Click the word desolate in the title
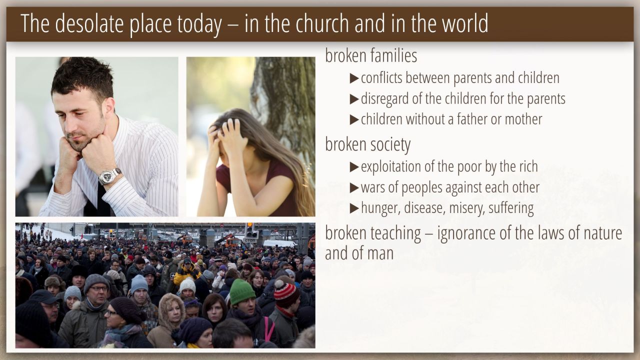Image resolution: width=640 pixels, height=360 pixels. [89, 23]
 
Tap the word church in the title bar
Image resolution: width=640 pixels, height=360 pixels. [322, 23]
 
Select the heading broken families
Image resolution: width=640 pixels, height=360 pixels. [371, 55]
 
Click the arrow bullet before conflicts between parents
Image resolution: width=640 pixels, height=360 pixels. [354, 78]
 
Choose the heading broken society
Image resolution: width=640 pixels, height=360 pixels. [367, 144]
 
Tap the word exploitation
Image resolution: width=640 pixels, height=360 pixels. [391, 167]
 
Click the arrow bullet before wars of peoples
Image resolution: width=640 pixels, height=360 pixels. [354, 187]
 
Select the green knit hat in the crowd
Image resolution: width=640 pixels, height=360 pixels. [242, 291]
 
